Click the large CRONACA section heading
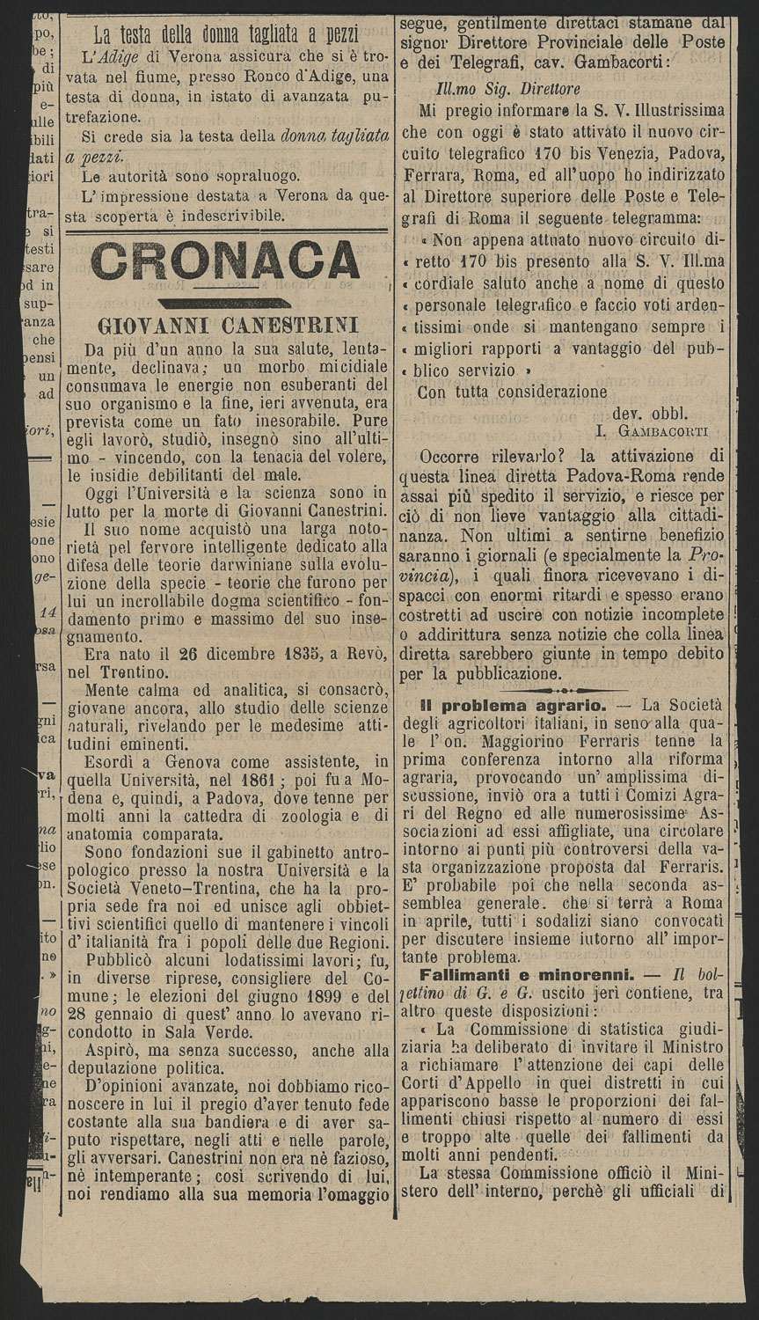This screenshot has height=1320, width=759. tap(225, 260)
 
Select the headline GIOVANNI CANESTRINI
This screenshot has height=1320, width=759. tap(225, 324)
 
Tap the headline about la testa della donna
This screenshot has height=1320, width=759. tap(226, 36)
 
